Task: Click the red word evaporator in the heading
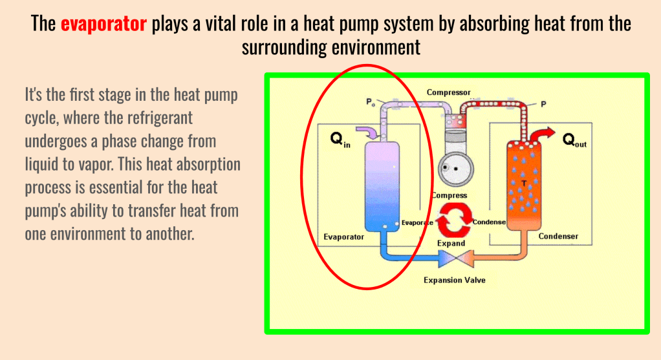coord(103,25)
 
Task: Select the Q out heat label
coord(574,140)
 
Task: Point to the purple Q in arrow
coord(372,133)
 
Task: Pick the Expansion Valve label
coord(454,280)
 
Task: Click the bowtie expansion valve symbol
coord(455,259)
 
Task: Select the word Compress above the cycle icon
coord(449,196)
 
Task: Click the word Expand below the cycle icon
coord(451,244)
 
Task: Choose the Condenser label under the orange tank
coord(558,237)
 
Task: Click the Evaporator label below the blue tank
coord(343,237)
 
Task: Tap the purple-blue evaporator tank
coord(382,187)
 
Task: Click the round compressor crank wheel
coord(453,171)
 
